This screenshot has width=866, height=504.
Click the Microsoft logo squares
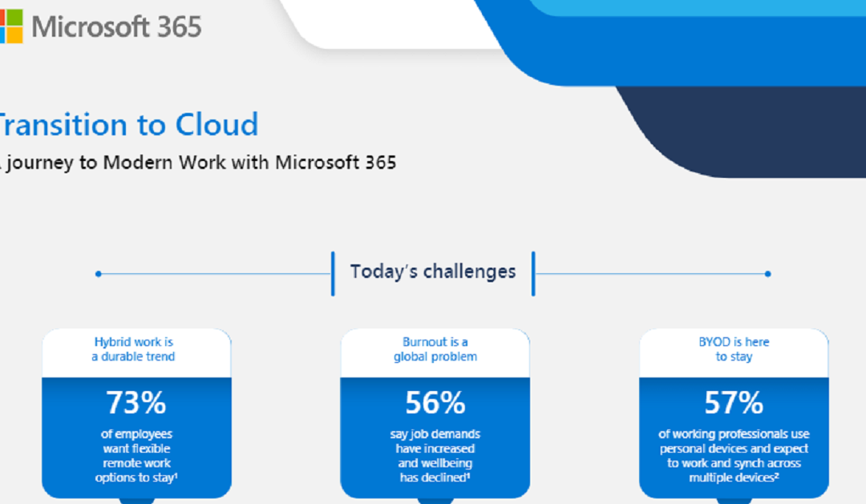pos(10,26)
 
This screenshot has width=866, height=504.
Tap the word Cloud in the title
pos(216,125)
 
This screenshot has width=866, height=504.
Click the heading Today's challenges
pos(433,272)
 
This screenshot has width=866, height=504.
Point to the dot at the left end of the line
pos(98,274)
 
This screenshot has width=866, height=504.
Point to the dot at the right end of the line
pos(767,274)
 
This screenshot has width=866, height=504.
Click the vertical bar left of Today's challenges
pos(333,273)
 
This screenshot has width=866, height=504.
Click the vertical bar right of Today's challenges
pos(533,273)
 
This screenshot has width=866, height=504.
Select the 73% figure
pos(136,403)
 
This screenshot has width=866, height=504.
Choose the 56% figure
pos(435,403)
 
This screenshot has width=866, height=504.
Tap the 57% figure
pos(734,403)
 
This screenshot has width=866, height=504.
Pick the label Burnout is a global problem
pos(435,349)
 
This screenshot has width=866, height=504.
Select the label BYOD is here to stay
pos(734,349)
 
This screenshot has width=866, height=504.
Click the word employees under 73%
pos(142,434)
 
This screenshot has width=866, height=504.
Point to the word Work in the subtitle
pos(205,163)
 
